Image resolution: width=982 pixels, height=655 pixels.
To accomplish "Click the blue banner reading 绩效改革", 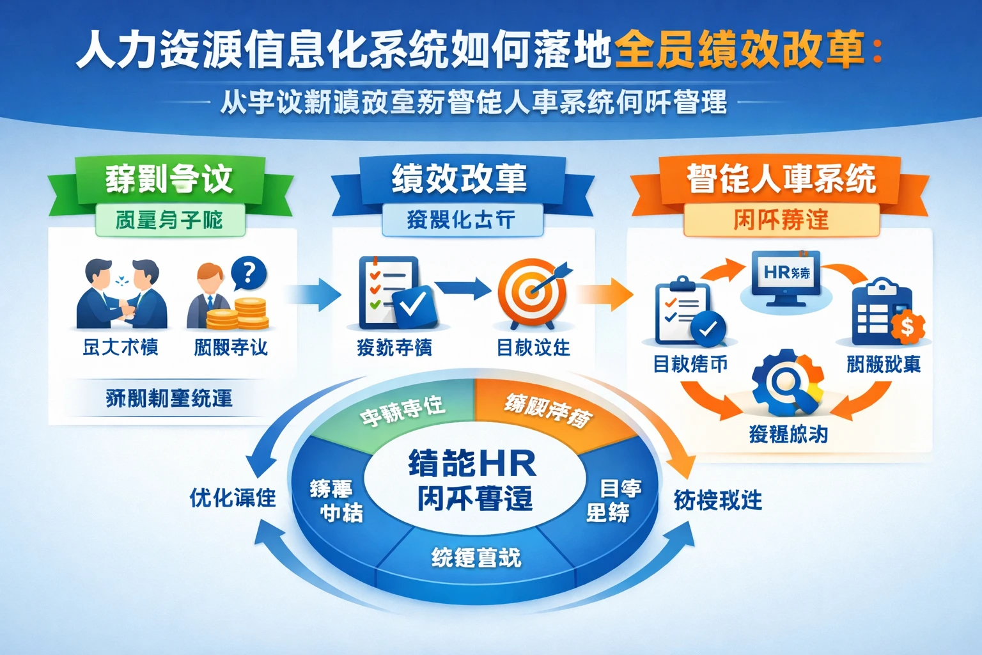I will click(459, 178).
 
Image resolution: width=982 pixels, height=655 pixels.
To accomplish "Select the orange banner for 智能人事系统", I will click(781, 178).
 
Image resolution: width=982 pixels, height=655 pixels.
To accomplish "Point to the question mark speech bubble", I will click(249, 273).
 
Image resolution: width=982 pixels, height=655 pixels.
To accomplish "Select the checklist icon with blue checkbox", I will click(394, 292).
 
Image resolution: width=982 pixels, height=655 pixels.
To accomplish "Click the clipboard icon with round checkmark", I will click(688, 312).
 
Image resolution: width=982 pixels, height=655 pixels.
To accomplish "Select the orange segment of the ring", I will click(550, 413).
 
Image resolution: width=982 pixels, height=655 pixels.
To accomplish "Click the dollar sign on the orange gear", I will click(907, 327).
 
